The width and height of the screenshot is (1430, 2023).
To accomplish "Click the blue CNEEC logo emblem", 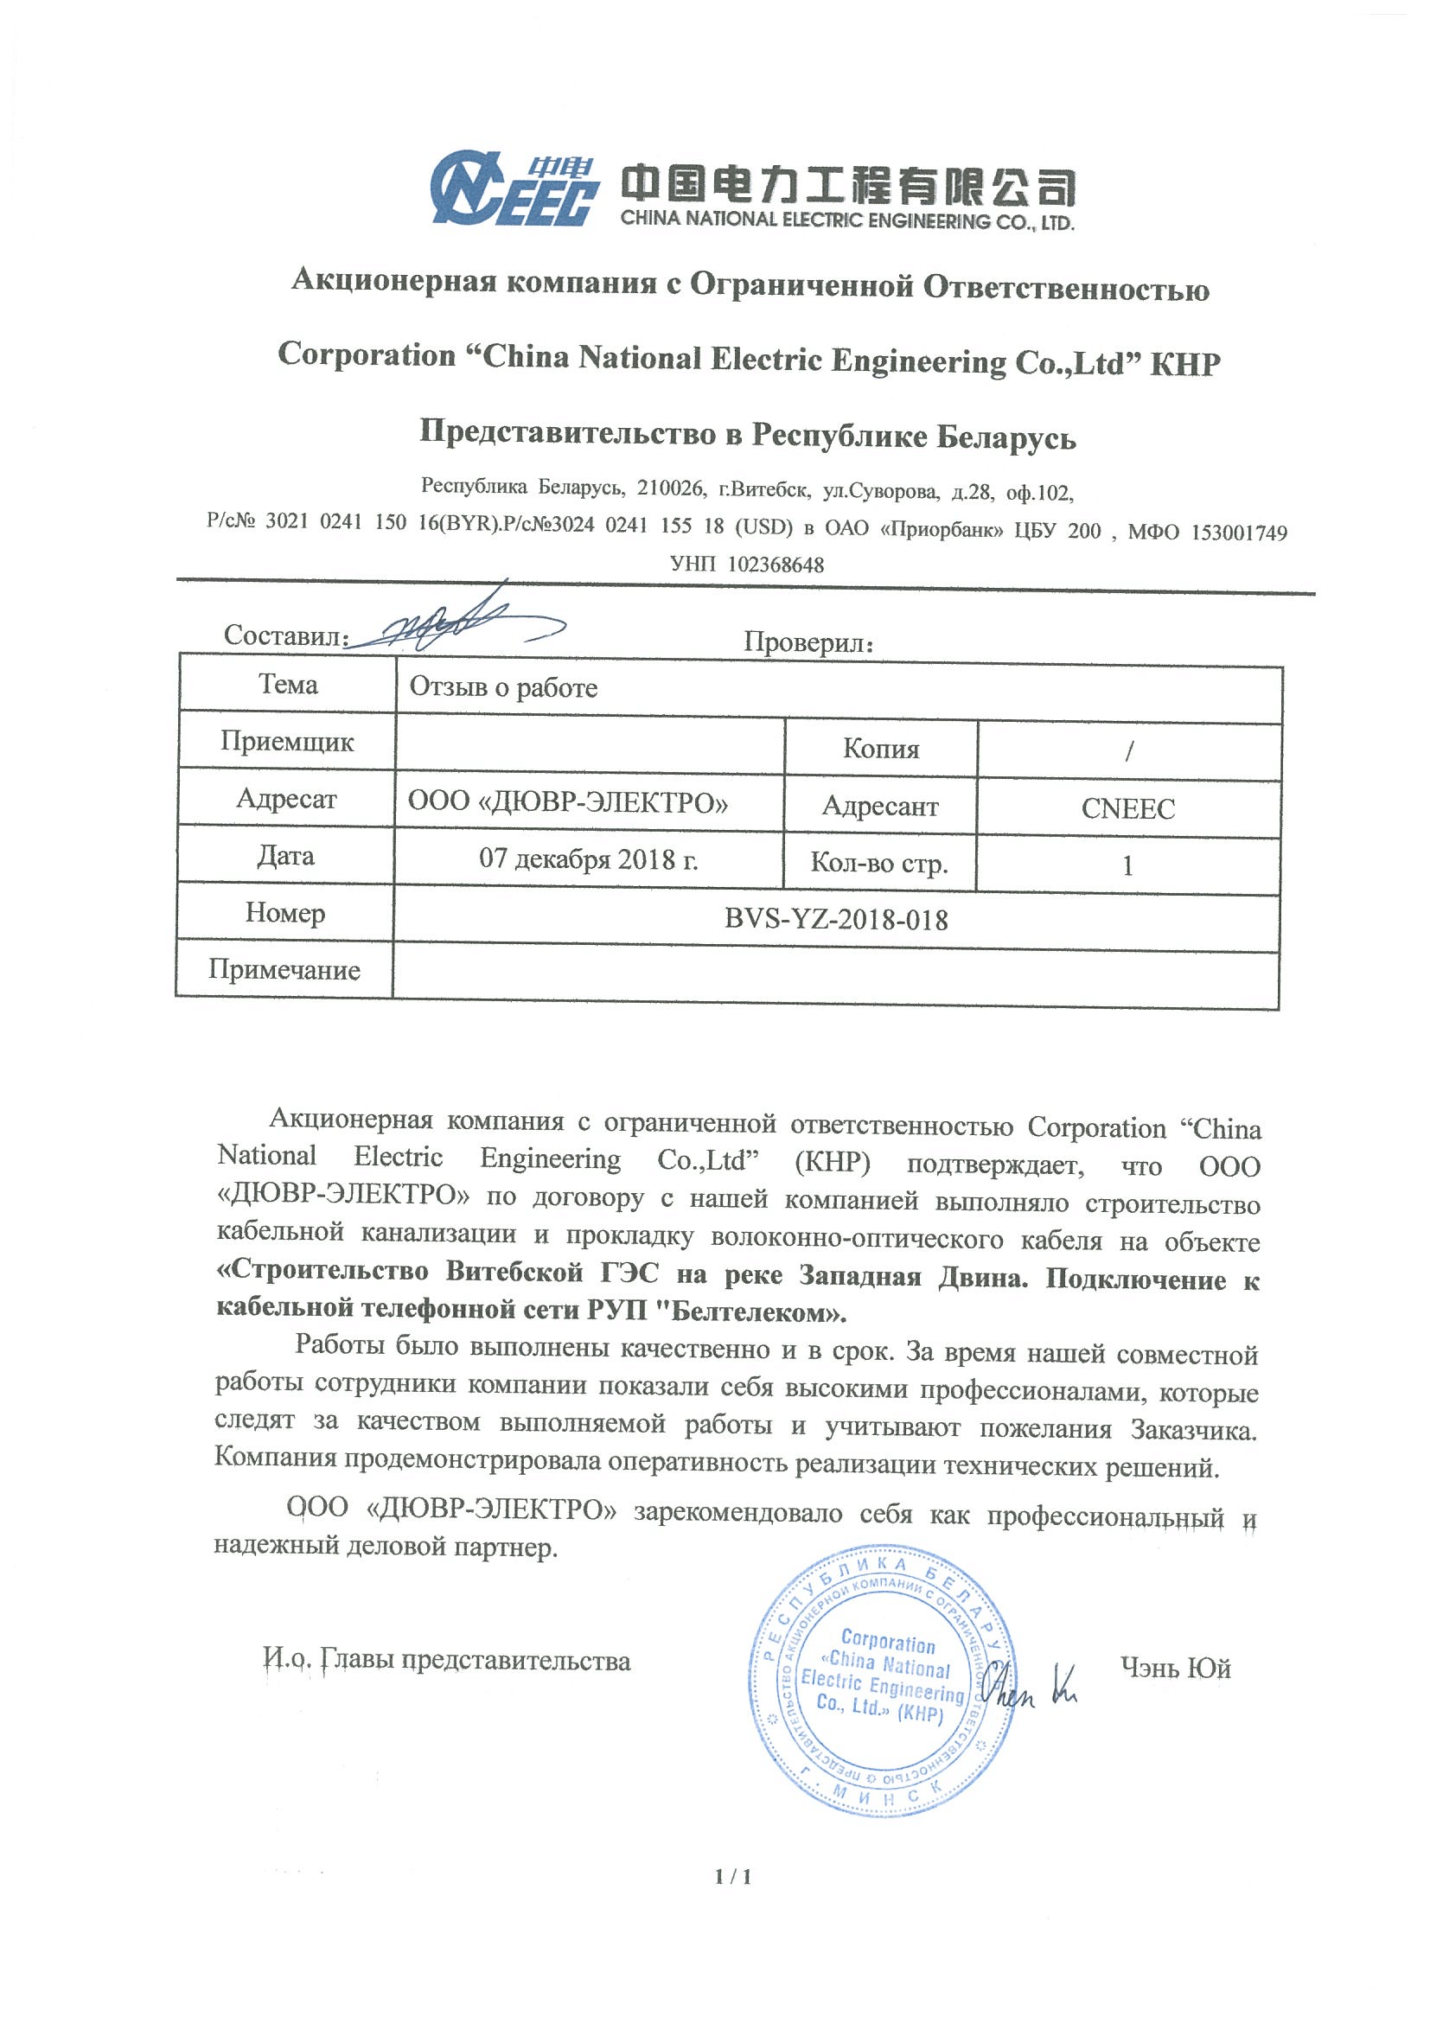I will [514, 188].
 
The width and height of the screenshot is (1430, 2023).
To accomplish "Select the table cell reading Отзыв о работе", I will [503, 687].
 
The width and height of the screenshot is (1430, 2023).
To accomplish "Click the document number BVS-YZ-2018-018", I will [835, 919].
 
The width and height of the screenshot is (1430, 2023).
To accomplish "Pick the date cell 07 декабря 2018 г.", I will [588, 858].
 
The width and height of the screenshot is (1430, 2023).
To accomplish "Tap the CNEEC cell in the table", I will [1127, 808].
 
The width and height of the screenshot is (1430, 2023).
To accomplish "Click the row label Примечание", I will [284, 969].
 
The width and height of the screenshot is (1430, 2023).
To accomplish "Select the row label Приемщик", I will [286, 741].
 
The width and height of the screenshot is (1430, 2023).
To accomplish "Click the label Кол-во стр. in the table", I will [878, 863].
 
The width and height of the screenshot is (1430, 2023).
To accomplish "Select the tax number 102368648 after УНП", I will [776, 565].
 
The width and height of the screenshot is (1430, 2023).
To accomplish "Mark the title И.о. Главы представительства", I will [447, 1660].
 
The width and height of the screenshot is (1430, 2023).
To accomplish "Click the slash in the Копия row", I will [1128, 750].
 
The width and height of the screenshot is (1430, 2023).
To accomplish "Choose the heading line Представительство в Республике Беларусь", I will [747, 434].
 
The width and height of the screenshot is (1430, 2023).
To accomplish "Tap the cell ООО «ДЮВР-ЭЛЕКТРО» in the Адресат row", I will [567, 801].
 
